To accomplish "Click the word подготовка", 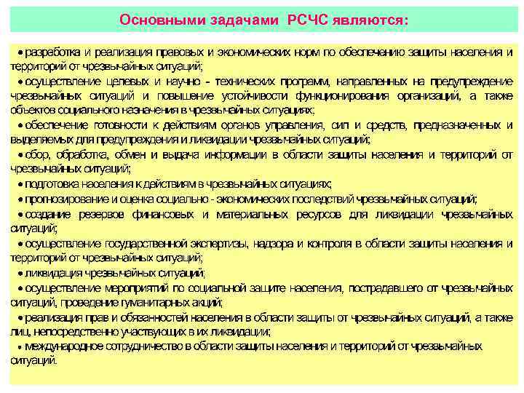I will tap(50, 185).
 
